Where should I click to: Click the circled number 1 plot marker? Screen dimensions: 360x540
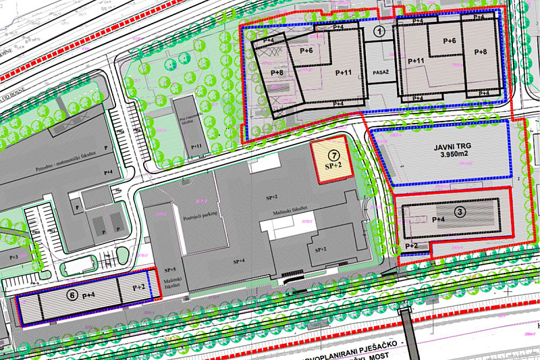380,30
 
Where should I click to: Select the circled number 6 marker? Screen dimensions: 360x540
72,294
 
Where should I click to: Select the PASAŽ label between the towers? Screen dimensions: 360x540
379,70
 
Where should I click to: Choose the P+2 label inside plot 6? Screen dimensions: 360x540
138,288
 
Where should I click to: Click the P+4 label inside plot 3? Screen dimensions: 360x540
438,220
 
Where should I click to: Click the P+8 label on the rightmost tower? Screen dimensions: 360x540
480,52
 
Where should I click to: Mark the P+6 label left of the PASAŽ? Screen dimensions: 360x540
306,51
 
